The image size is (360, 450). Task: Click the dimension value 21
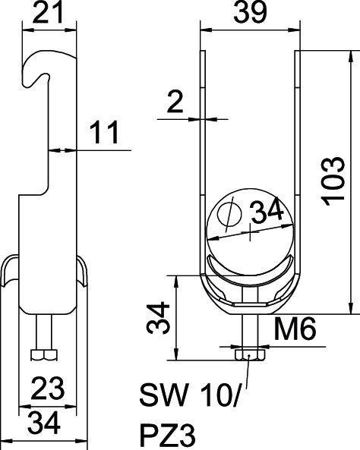(48, 13)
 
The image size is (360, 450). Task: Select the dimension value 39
(250, 13)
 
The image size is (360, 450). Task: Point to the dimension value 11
(104, 132)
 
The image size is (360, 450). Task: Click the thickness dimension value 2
(175, 102)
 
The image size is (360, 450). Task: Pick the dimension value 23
(48, 389)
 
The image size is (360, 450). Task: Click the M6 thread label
(295, 329)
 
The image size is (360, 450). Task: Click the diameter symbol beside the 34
(229, 214)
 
